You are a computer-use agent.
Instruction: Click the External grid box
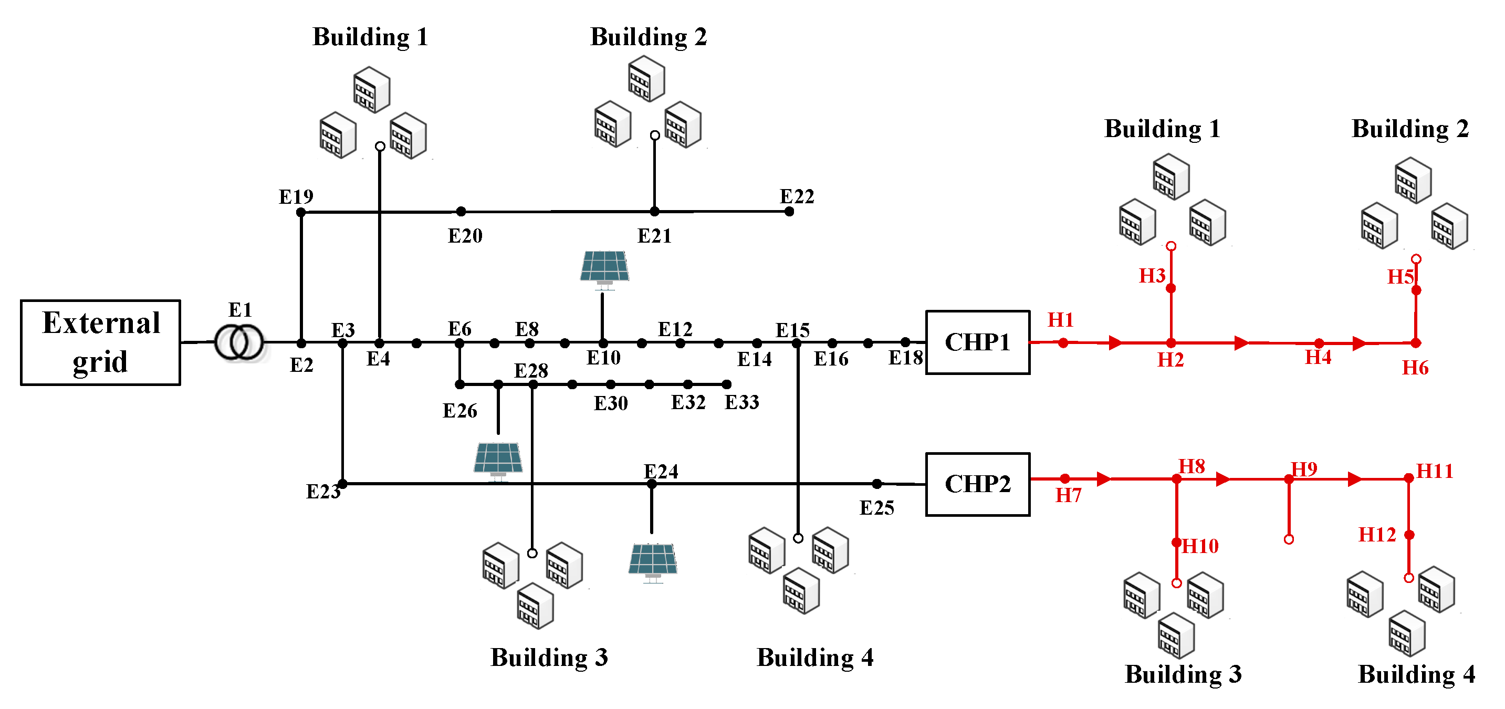pos(100,342)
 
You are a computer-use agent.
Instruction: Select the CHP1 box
pos(977,342)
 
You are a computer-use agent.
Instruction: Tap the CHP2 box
pos(977,484)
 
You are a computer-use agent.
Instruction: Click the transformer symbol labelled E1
pos(239,342)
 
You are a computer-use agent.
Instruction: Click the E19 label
pos(296,196)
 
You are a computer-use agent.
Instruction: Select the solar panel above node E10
pos(605,268)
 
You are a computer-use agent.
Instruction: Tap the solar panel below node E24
pos(653,561)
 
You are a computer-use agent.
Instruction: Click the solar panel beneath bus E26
pos(498,460)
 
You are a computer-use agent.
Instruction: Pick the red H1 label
pos(1060,320)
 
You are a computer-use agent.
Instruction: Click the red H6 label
pos(1415,368)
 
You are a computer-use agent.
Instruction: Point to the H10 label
pos(1200,546)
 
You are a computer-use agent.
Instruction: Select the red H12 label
pos(1376,534)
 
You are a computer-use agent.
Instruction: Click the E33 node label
pos(741,402)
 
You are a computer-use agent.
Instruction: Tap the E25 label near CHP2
pos(876,508)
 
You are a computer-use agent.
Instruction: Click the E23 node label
pos(322,492)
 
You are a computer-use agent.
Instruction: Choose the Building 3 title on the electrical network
pos(549,658)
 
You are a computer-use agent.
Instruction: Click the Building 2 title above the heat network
pos(1410,129)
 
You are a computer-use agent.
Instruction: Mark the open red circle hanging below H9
pos(1288,539)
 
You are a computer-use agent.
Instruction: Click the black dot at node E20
pos(461,212)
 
